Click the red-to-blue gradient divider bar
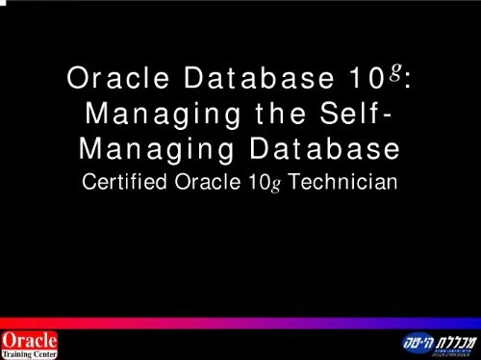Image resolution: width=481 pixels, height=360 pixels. click(x=240, y=323)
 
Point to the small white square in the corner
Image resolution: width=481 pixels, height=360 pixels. click(x=3, y=3)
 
